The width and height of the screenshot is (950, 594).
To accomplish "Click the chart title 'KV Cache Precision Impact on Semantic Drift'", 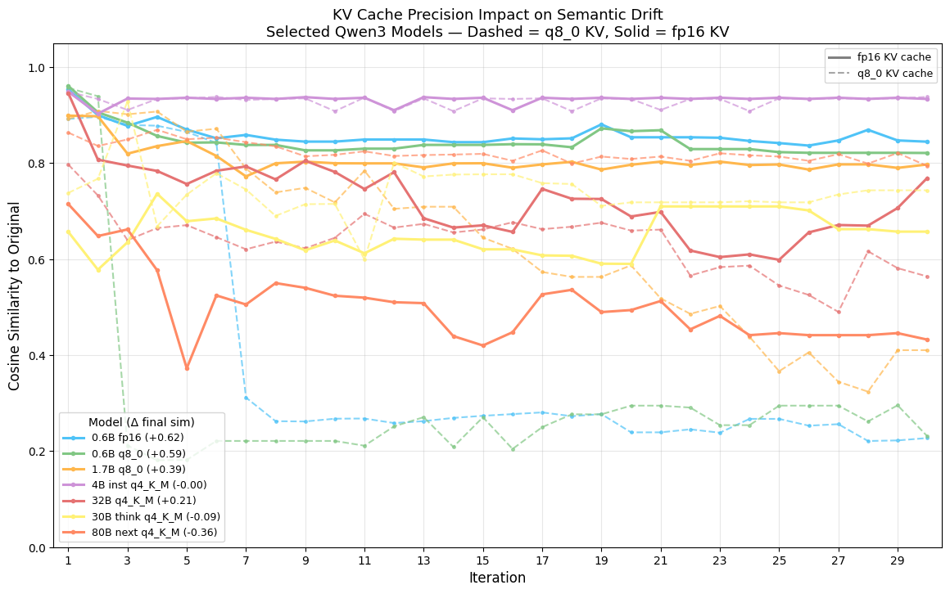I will coord(497,15).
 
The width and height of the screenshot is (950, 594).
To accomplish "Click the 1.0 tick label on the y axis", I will coord(38,67).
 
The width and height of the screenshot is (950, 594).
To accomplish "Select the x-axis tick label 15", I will coord(482,560).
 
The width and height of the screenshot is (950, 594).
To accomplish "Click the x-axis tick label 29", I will coord(897,560).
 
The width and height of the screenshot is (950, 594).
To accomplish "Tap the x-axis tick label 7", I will coord(246,560).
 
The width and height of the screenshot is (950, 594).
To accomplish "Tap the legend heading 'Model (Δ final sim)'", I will coord(141,422).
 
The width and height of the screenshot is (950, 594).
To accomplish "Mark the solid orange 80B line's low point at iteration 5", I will coord(187,368).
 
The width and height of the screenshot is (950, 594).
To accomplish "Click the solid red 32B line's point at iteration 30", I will coord(926,178).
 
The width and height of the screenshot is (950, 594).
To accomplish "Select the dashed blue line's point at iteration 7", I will coord(246,398).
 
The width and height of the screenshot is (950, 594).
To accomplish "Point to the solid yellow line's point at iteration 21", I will coord(660,206).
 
